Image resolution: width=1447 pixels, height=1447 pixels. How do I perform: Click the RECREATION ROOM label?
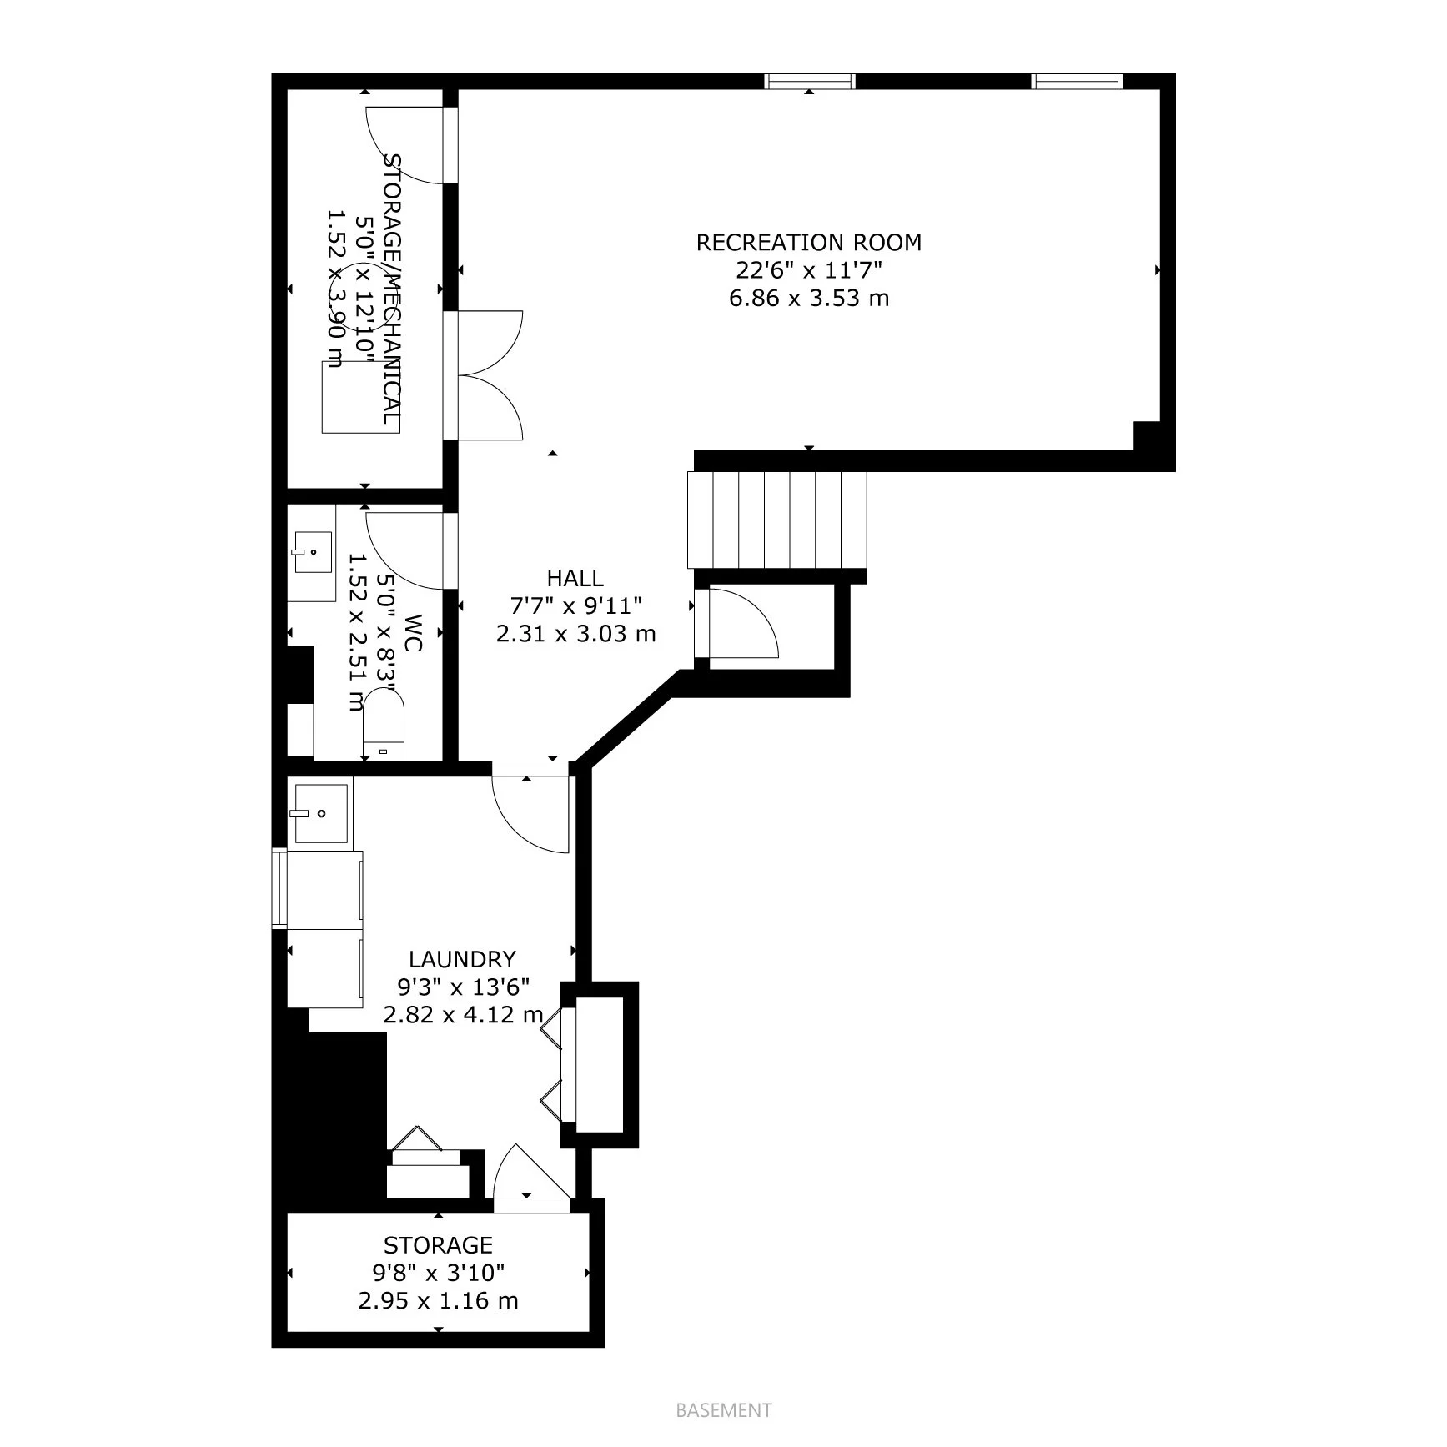click(x=808, y=243)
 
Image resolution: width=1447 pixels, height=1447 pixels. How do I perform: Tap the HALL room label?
click(x=575, y=578)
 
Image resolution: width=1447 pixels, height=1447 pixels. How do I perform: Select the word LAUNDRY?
click(x=462, y=959)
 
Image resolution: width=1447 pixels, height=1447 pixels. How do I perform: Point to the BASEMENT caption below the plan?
click(x=724, y=1410)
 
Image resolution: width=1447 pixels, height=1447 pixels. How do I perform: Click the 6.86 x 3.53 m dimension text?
click(x=808, y=298)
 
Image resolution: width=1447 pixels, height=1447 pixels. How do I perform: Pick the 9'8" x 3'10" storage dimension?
click(x=439, y=1273)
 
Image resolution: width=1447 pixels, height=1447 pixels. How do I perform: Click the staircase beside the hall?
click(x=776, y=520)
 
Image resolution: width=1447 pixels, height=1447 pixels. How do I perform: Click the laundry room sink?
click(x=318, y=813)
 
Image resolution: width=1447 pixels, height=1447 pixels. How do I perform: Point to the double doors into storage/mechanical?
click(x=490, y=375)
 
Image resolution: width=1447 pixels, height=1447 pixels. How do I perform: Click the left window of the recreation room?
click(x=811, y=81)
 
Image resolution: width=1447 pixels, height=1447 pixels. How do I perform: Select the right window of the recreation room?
click(x=1078, y=81)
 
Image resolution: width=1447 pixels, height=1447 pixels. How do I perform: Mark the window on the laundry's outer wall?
click(x=279, y=888)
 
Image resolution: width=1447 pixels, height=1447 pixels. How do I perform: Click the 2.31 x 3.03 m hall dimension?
click(x=575, y=634)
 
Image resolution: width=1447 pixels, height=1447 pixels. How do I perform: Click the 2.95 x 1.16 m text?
click(x=439, y=1300)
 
